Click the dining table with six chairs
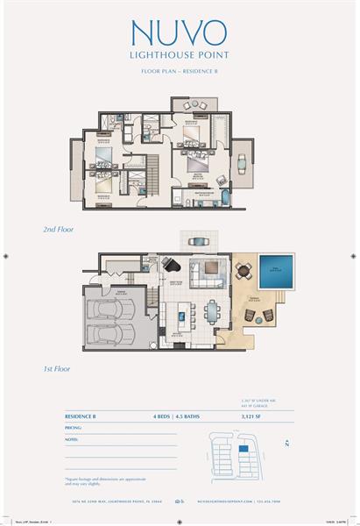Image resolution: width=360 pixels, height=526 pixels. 214,312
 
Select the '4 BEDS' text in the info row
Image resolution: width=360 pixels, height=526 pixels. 162,417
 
